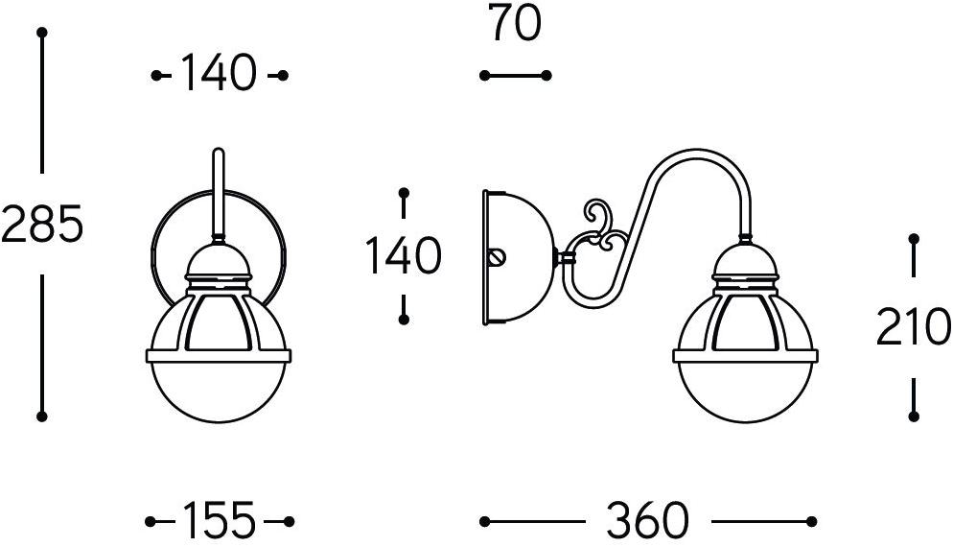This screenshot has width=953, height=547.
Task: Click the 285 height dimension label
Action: tap(41, 224)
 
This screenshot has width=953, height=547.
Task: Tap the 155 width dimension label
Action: tap(219, 520)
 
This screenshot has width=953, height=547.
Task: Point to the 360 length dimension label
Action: tap(647, 520)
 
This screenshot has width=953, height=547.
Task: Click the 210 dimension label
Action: tap(913, 326)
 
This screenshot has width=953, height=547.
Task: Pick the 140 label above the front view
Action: tap(219, 73)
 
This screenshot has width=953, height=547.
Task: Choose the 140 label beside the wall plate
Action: tap(403, 255)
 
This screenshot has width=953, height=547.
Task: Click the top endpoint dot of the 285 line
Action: tap(41, 33)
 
